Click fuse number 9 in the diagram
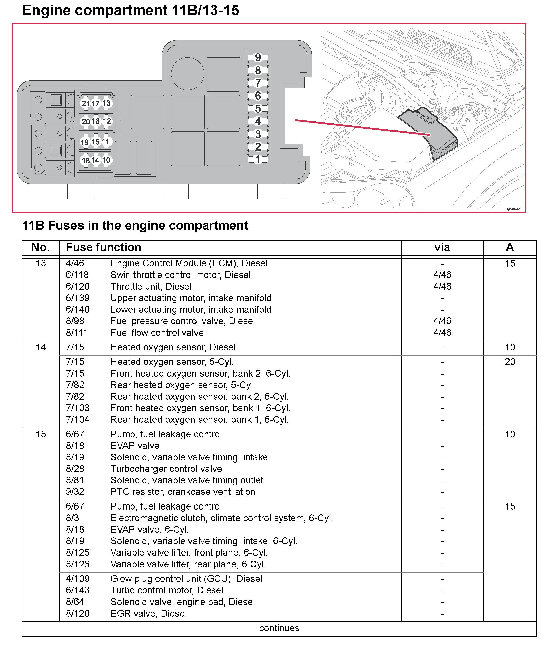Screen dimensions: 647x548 (x=258, y=57)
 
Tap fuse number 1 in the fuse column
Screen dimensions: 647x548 (x=258, y=160)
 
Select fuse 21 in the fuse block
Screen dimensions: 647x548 (x=86, y=103)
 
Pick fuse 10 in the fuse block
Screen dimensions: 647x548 (x=106, y=160)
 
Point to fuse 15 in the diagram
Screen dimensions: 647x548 (x=96, y=142)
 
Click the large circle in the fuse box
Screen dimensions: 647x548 (x=187, y=74)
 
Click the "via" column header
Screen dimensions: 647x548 (x=442, y=248)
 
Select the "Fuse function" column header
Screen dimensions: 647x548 (x=103, y=248)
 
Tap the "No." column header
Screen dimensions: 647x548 (x=41, y=248)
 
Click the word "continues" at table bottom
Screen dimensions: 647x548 (x=279, y=628)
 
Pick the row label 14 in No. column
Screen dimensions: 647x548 (x=41, y=347)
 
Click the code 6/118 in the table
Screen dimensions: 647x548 (x=77, y=275)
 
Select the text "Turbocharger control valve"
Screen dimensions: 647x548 (x=166, y=469)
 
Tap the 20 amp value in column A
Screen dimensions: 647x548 (x=510, y=362)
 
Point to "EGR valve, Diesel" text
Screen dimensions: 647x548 (x=148, y=614)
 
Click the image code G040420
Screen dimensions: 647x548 (x=514, y=209)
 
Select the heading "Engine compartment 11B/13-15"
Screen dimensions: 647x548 (x=131, y=10)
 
